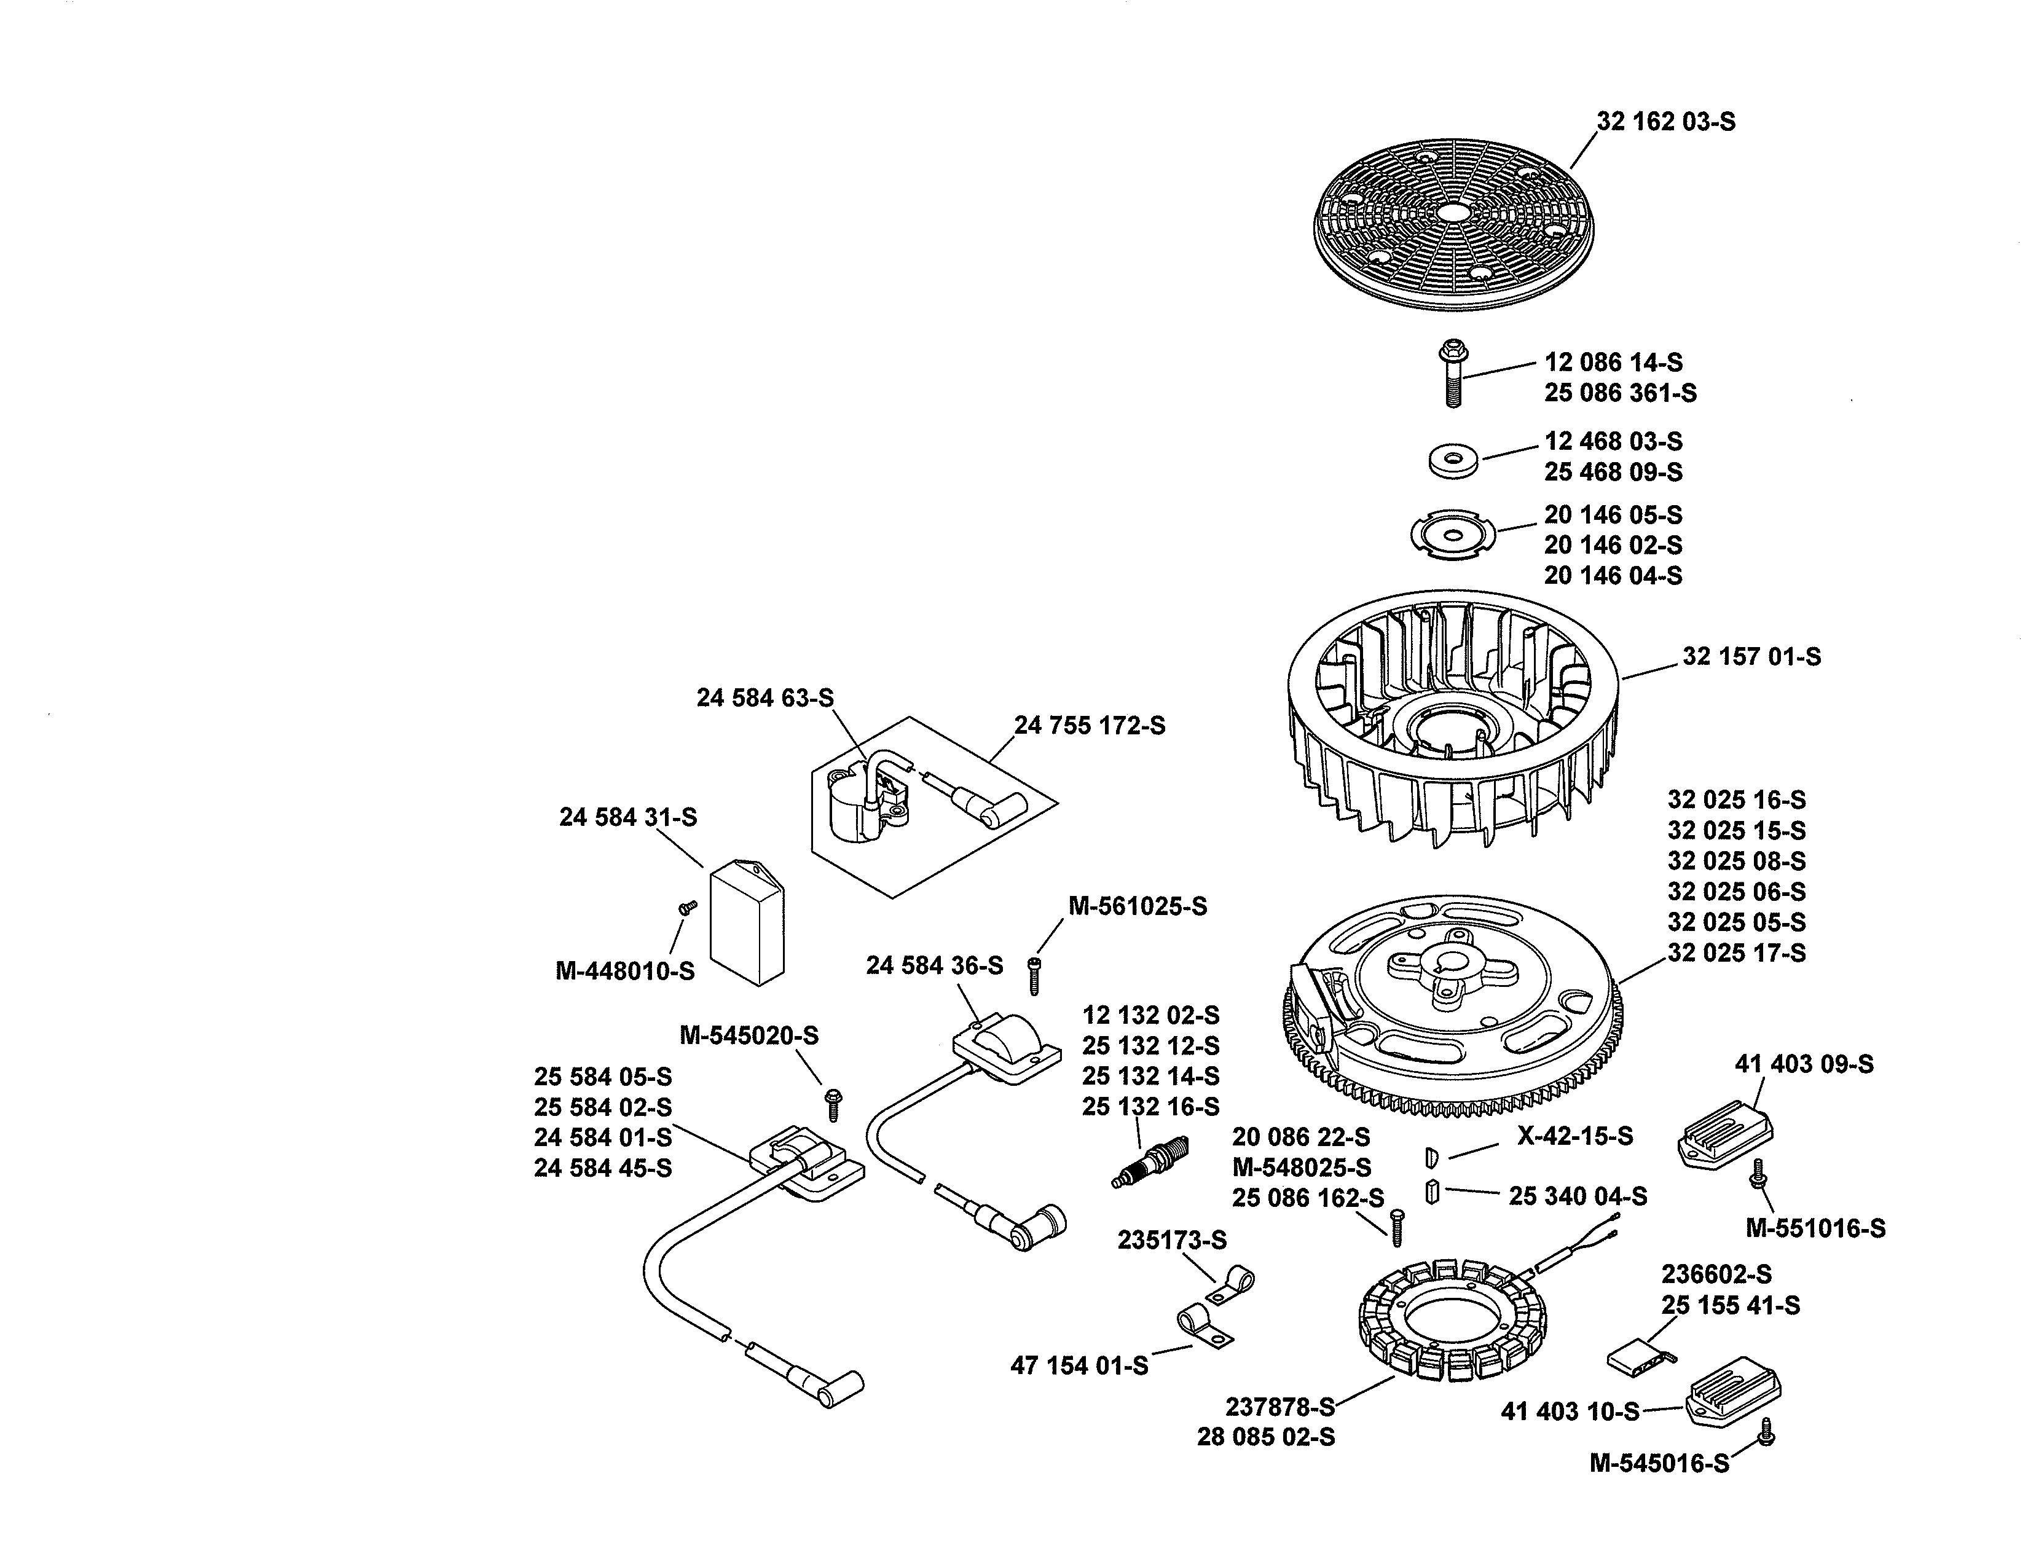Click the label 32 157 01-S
(x=1751, y=656)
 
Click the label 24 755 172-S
(x=1089, y=725)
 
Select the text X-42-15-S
(x=1575, y=1136)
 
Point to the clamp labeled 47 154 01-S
(x=1203, y=1327)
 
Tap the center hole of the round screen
(x=1452, y=211)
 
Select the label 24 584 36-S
(x=934, y=965)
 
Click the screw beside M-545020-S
(x=833, y=1105)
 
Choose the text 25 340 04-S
(x=1578, y=1196)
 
